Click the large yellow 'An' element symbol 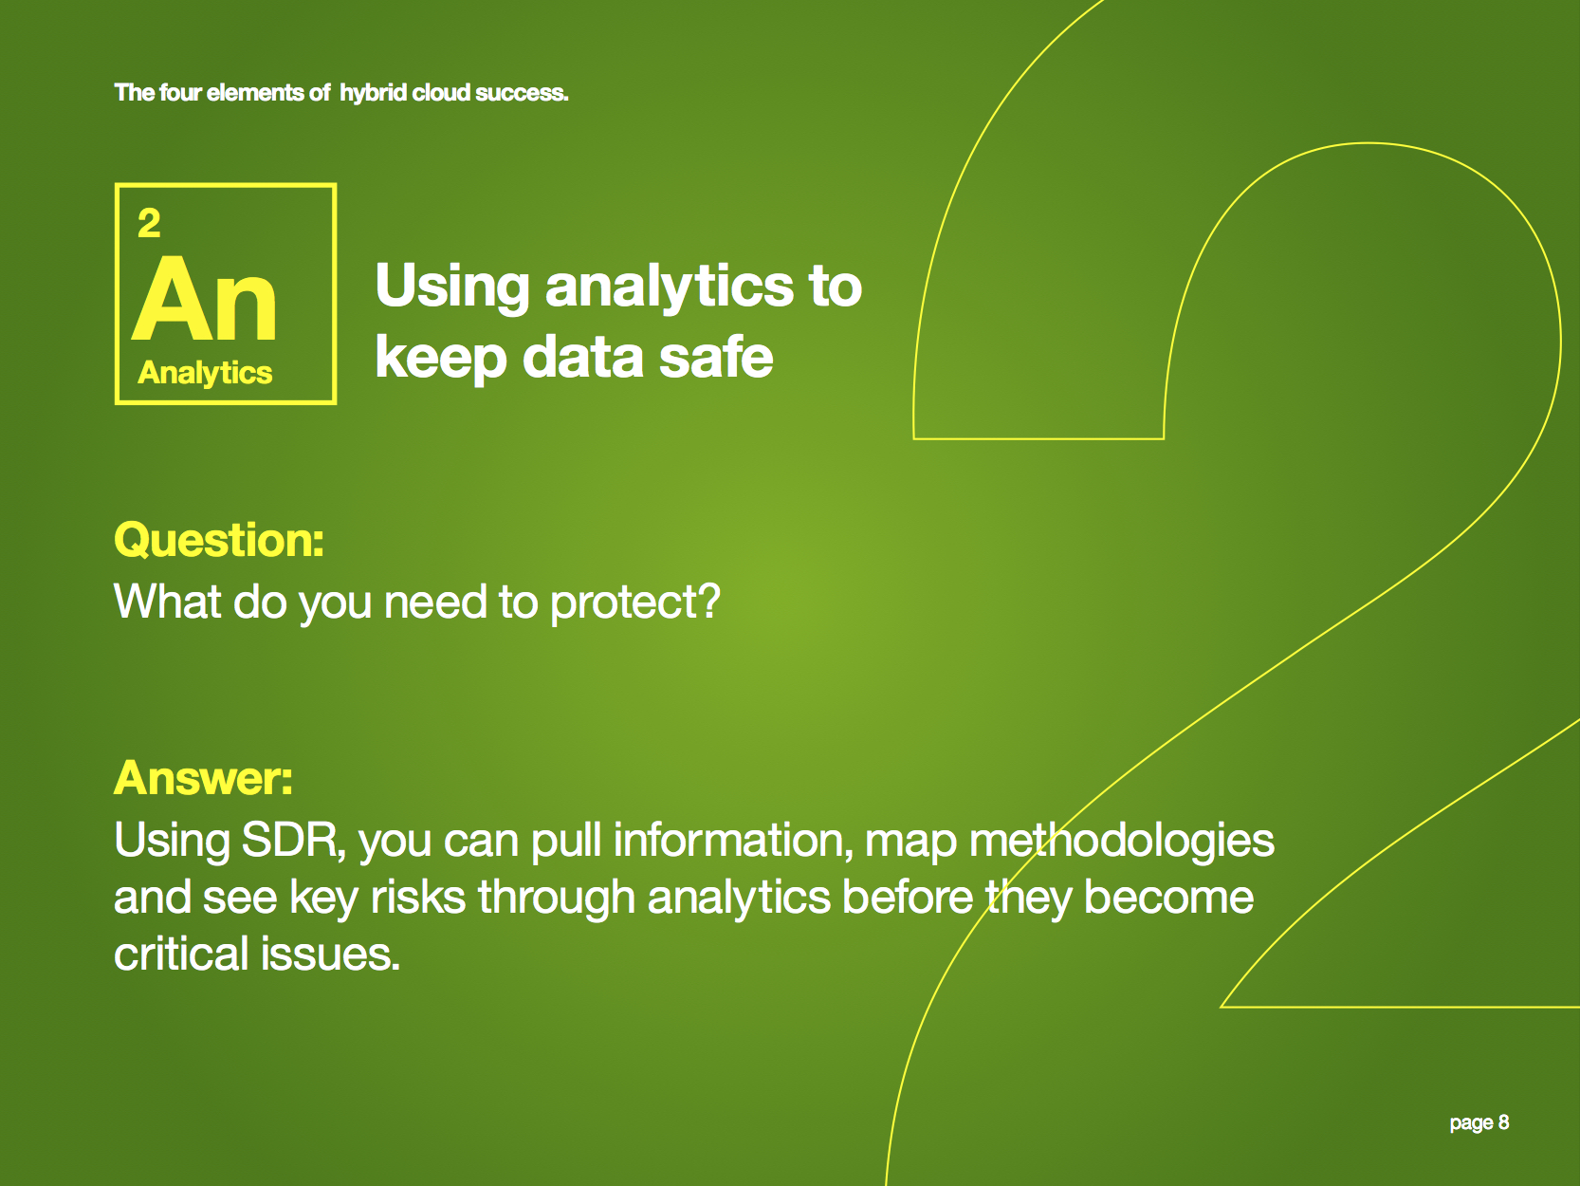click(205, 298)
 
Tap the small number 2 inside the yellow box click(149, 223)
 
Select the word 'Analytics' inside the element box click(205, 373)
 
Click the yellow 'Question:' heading click(219, 539)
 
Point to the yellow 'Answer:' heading click(204, 778)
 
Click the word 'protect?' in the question click(634, 602)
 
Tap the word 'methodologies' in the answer click(1122, 840)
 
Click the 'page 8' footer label click(1479, 1123)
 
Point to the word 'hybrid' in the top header click(373, 93)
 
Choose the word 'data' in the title click(583, 357)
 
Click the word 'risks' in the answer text click(418, 897)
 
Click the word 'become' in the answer click(1169, 897)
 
